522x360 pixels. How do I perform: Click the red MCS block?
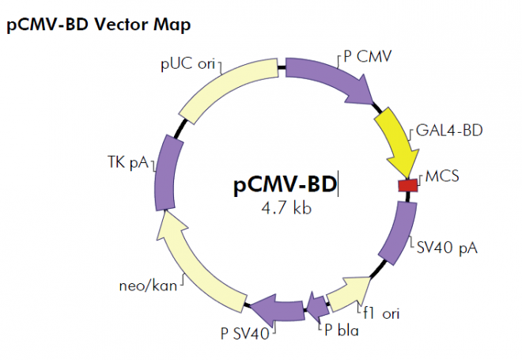point(407,185)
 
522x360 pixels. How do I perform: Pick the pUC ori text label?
point(187,63)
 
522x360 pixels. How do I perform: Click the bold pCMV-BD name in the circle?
point(286,186)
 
